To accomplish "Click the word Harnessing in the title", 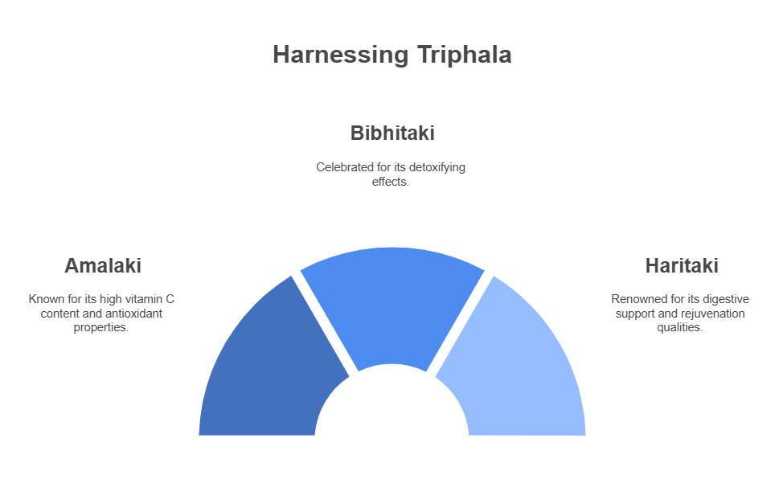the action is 340,55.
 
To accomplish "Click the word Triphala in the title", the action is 464,55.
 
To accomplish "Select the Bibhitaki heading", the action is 392,133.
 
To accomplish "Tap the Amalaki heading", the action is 103,266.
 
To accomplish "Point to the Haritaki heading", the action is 682,266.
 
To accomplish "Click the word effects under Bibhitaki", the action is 391,182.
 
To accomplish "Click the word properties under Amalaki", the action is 100,328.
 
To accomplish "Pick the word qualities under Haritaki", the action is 679,328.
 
